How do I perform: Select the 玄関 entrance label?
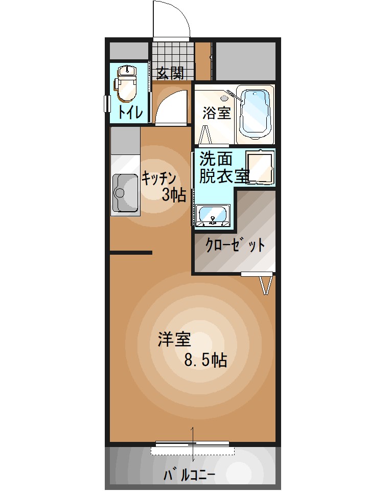[x=170, y=74]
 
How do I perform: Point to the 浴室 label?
[x=216, y=113]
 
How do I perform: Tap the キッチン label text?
[x=159, y=178]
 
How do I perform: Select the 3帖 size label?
[x=174, y=195]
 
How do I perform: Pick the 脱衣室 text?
[x=223, y=176]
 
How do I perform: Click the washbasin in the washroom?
[x=213, y=215]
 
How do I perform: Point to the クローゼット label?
[x=235, y=245]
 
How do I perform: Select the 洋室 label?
[x=174, y=340]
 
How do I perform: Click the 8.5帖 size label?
[x=205, y=361]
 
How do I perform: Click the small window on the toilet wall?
[x=107, y=103]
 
